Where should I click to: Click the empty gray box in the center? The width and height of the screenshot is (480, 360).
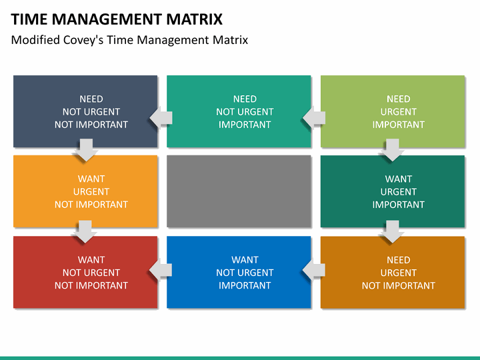click(x=239, y=191)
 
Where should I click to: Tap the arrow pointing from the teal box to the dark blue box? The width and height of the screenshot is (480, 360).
click(x=161, y=118)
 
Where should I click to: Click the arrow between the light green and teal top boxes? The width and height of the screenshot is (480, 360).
click(x=314, y=118)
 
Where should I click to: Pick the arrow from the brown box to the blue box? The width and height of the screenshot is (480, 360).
click(x=314, y=269)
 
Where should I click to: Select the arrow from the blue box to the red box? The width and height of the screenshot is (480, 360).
click(x=161, y=269)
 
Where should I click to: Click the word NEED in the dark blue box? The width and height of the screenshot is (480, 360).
click(x=91, y=99)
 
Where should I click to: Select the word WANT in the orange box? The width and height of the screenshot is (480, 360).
click(x=91, y=179)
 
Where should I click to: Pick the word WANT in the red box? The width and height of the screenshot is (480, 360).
click(x=91, y=260)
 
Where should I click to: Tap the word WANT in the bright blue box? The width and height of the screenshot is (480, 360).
click(x=245, y=260)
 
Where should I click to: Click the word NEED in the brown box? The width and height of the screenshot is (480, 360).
click(x=399, y=260)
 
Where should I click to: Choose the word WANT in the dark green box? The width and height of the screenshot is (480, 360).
click(x=399, y=179)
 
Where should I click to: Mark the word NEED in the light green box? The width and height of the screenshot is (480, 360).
click(x=399, y=99)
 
